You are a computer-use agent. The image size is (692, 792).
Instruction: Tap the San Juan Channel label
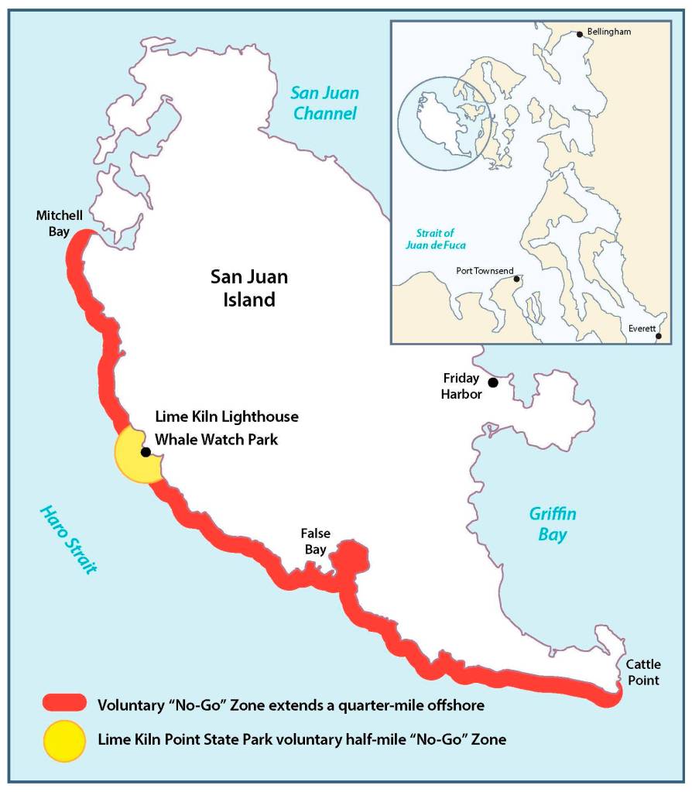(324, 104)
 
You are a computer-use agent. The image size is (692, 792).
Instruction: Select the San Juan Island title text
(244, 288)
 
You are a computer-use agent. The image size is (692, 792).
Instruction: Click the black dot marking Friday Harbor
(492, 382)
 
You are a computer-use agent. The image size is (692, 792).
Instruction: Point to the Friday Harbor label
(462, 386)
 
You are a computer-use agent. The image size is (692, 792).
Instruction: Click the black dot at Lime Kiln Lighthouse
(145, 452)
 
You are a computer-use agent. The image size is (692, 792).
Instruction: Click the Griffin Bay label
(553, 525)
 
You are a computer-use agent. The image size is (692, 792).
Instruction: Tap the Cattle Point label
(642, 672)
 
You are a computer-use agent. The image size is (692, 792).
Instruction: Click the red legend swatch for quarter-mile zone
(64, 703)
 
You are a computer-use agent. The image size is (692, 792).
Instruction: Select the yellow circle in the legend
(64, 739)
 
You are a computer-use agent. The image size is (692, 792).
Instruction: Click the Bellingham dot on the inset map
(579, 34)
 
